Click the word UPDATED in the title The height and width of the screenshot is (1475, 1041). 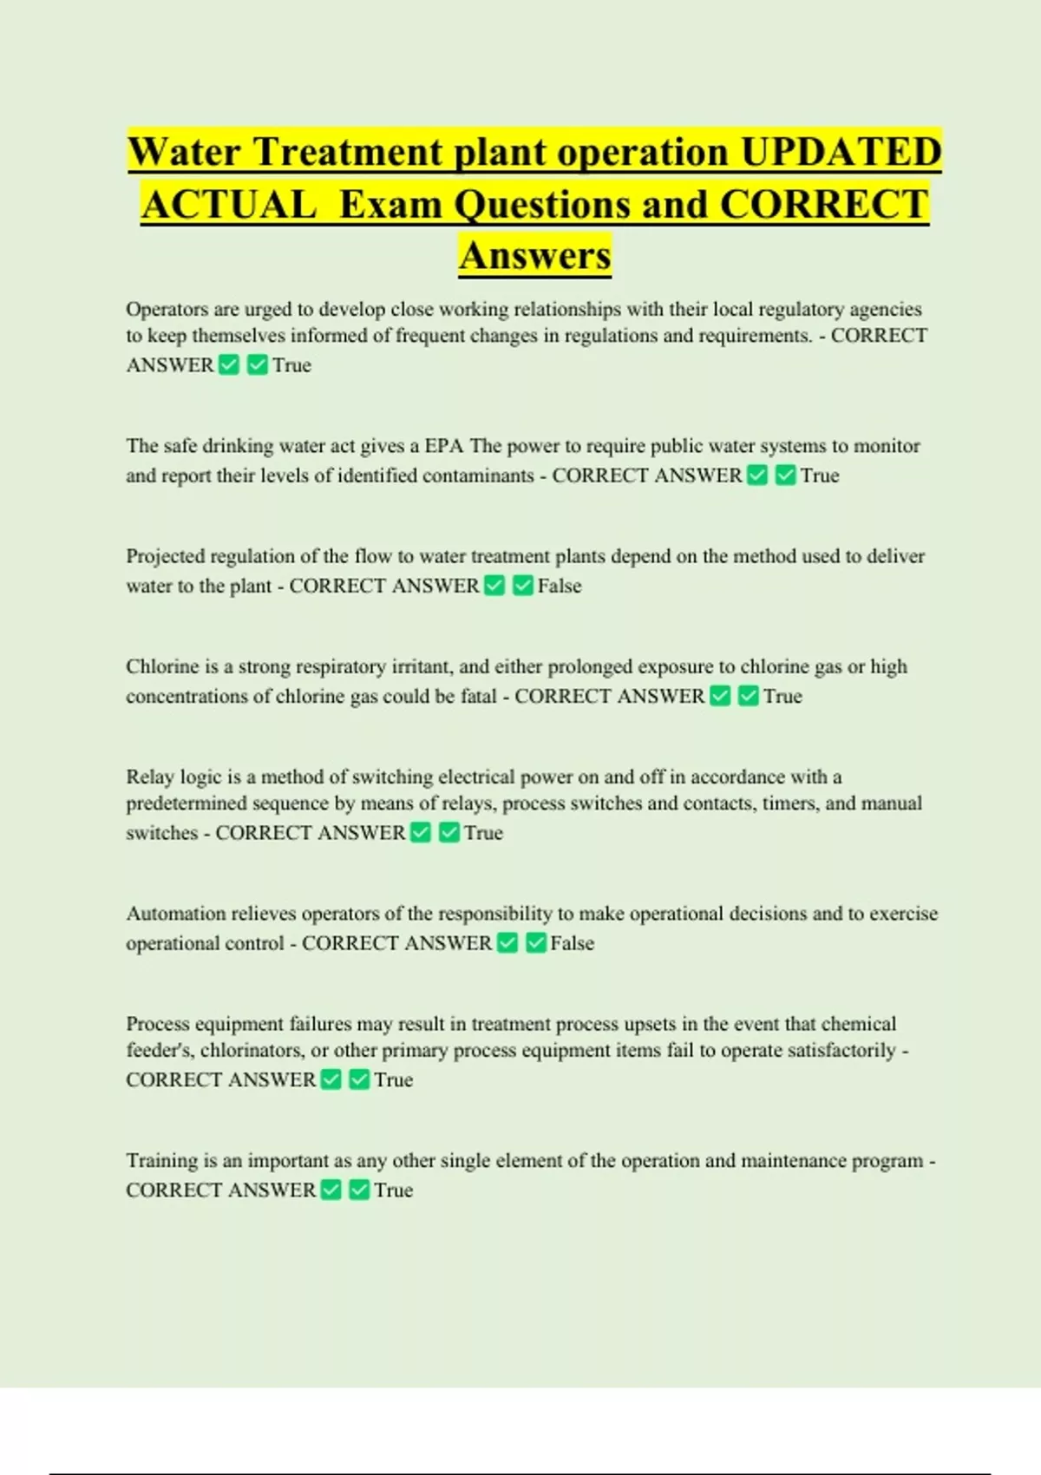(x=841, y=152)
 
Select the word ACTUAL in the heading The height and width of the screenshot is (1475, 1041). (x=228, y=205)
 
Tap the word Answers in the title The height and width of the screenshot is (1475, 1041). (x=535, y=256)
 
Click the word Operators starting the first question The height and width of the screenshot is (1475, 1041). (x=167, y=310)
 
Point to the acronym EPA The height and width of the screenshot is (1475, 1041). (x=444, y=446)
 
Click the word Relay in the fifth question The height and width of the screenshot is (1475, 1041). (x=149, y=777)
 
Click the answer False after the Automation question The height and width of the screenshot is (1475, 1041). (x=573, y=943)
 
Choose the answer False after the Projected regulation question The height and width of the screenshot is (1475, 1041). (x=560, y=586)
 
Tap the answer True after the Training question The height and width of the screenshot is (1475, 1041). (x=394, y=1190)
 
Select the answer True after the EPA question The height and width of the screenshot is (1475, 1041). (x=820, y=475)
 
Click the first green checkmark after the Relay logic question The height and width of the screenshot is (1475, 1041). (x=421, y=833)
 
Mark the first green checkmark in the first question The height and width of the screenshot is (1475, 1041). (x=229, y=365)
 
